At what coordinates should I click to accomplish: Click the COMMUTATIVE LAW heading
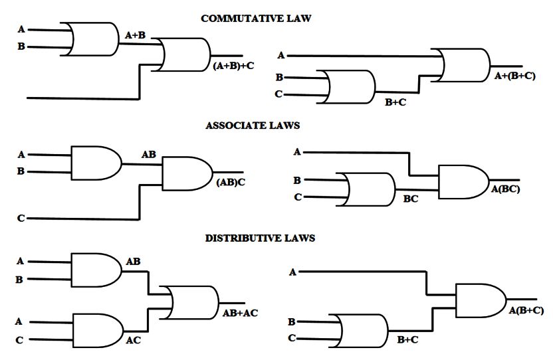tap(256, 19)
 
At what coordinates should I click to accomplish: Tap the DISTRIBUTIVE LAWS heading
tap(260, 237)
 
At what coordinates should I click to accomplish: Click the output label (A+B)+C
tap(233, 66)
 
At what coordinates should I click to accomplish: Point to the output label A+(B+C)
tap(514, 76)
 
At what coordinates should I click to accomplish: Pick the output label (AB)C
tap(231, 182)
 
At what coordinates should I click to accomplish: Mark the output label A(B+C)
tap(526, 310)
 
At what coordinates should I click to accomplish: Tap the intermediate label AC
tap(133, 341)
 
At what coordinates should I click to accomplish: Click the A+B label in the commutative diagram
tap(135, 35)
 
